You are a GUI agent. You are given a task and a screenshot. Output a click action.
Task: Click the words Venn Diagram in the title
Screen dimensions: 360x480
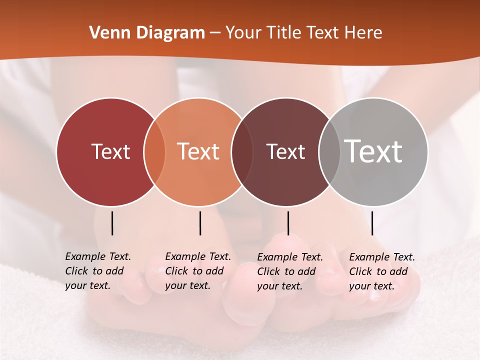[x=147, y=33]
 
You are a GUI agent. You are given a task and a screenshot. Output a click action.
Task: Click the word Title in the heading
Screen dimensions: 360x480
[x=284, y=33]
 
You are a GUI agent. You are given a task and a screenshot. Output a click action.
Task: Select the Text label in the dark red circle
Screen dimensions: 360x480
[x=110, y=151]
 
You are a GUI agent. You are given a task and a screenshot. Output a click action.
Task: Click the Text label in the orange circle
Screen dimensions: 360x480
[x=198, y=151]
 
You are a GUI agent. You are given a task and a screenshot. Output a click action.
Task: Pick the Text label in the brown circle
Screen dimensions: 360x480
[x=285, y=151]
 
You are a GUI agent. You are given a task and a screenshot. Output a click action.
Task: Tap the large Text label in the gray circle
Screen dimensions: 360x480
[x=373, y=151]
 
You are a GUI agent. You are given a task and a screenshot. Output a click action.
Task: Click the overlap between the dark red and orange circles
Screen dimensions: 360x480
[x=154, y=151]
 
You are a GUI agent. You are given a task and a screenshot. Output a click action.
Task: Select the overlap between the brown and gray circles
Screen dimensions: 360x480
[x=329, y=151]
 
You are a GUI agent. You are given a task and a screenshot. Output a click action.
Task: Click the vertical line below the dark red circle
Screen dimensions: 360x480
[x=112, y=223]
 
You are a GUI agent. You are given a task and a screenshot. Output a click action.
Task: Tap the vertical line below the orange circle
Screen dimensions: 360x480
[x=200, y=223]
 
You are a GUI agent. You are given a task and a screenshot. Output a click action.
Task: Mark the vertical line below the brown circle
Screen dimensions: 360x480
[x=288, y=223]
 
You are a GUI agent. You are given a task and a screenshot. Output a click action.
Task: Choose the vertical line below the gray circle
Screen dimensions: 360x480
[x=372, y=223]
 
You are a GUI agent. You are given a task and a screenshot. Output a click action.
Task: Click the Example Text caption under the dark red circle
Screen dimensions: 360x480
[x=98, y=271]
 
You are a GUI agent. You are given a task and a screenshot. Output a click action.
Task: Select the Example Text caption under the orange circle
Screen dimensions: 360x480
[x=198, y=271]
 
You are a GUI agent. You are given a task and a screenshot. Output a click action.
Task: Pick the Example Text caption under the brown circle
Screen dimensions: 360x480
[x=290, y=271]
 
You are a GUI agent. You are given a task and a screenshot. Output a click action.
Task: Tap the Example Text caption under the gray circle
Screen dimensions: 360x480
[x=382, y=271]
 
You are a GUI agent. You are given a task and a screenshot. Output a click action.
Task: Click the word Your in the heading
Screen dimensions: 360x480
[x=244, y=33]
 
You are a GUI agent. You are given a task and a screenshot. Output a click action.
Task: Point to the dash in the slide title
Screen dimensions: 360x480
[x=214, y=33]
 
